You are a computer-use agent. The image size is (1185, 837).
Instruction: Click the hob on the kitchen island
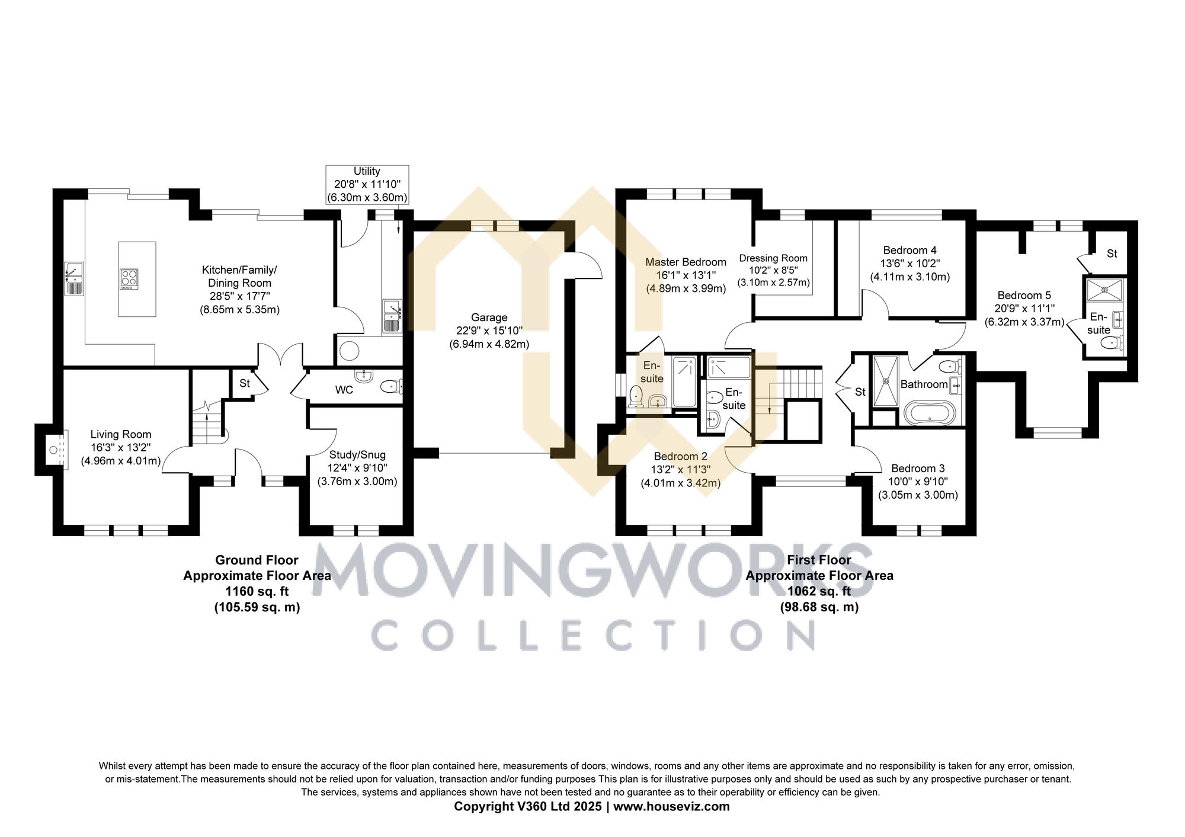click(x=129, y=278)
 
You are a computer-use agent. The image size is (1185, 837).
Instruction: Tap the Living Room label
click(x=121, y=435)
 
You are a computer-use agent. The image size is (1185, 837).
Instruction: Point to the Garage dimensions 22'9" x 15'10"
click(x=489, y=331)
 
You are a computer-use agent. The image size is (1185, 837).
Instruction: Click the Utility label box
click(x=367, y=185)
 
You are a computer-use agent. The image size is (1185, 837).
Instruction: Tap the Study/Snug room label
click(x=357, y=455)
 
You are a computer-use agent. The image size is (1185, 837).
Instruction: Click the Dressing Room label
click(x=773, y=258)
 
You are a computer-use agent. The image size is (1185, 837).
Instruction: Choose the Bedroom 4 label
click(x=909, y=251)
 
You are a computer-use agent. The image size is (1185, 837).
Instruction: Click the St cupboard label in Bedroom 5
click(x=1112, y=254)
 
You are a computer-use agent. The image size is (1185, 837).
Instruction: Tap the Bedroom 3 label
click(x=918, y=469)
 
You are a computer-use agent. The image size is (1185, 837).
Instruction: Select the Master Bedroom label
click(x=686, y=262)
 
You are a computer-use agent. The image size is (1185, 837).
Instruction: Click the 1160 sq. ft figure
click(x=257, y=591)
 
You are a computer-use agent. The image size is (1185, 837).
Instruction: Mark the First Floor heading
click(x=819, y=560)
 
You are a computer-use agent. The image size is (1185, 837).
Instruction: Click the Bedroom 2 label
click(x=680, y=457)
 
